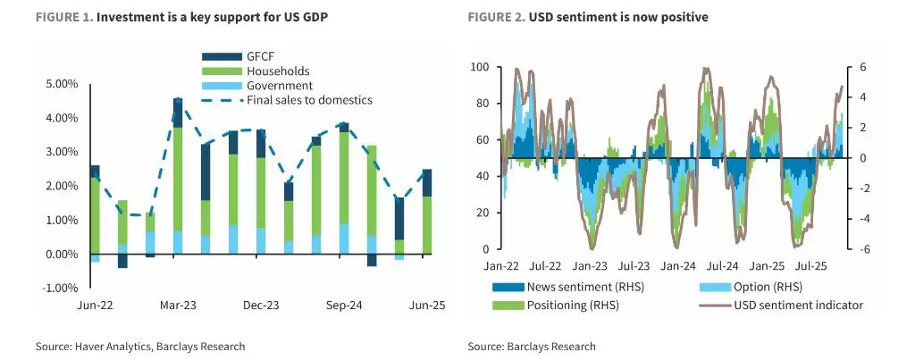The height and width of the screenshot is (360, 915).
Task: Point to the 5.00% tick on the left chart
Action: click(x=61, y=84)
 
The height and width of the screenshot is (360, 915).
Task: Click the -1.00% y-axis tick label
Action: click(x=60, y=288)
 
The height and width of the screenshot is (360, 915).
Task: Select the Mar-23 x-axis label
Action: click(x=178, y=306)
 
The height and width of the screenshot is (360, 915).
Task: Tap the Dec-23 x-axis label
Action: click(x=261, y=306)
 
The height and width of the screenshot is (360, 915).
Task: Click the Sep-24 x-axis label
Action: click(x=343, y=306)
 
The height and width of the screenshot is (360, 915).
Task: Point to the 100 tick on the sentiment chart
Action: click(x=479, y=67)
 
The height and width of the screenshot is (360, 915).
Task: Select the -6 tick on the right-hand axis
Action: click(x=863, y=249)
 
